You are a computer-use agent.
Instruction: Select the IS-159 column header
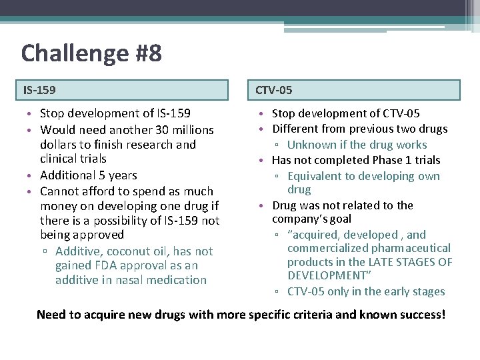pos(40,89)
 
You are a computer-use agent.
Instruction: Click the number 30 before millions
pos(162,129)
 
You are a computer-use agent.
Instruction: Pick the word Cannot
pos(61,191)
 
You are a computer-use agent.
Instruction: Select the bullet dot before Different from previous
pos(264,129)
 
